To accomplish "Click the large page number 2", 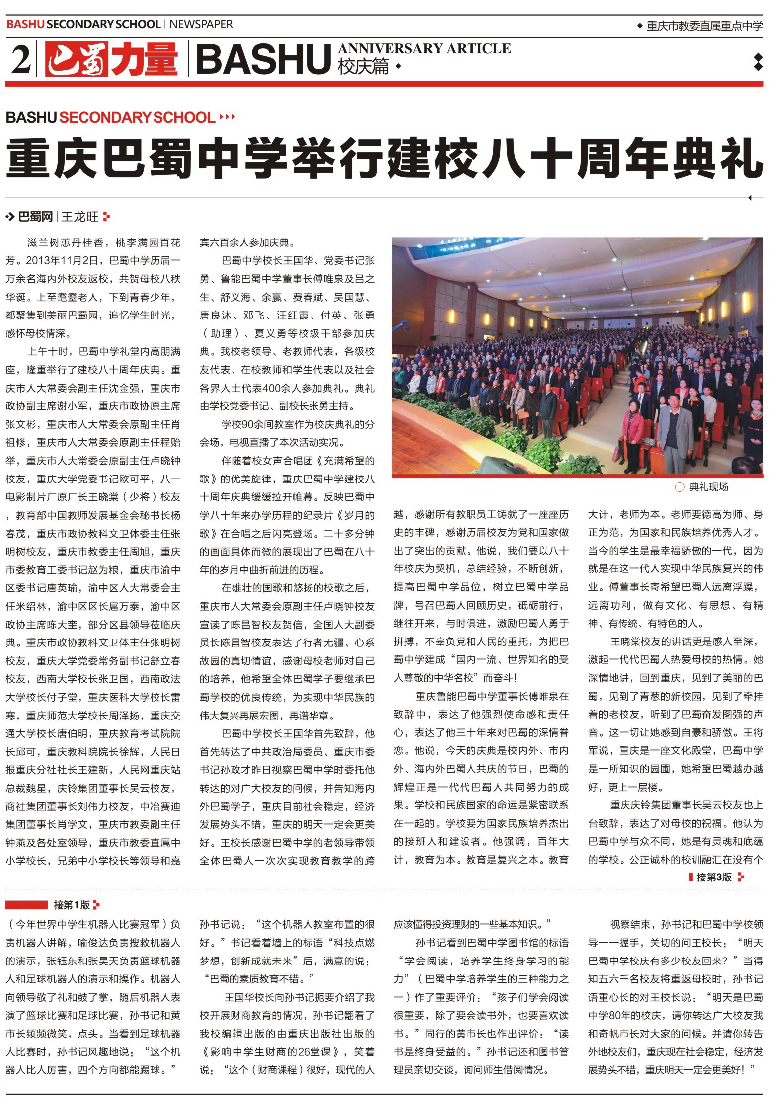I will [x=20, y=59].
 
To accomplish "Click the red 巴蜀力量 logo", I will [x=111, y=59].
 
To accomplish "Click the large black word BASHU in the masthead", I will [x=263, y=59].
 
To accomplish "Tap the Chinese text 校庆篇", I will [x=363, y=66].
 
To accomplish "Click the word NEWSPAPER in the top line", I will [x=201, y=24].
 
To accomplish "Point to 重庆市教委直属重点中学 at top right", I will [x=704, y=26].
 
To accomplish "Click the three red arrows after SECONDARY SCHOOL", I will [x=227, y=117].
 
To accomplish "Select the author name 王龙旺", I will [x=79, y=217].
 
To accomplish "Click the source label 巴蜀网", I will [x=35, y=217].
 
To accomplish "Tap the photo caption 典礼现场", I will [x=708, y=487].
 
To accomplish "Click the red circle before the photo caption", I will [x=680, y=487].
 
